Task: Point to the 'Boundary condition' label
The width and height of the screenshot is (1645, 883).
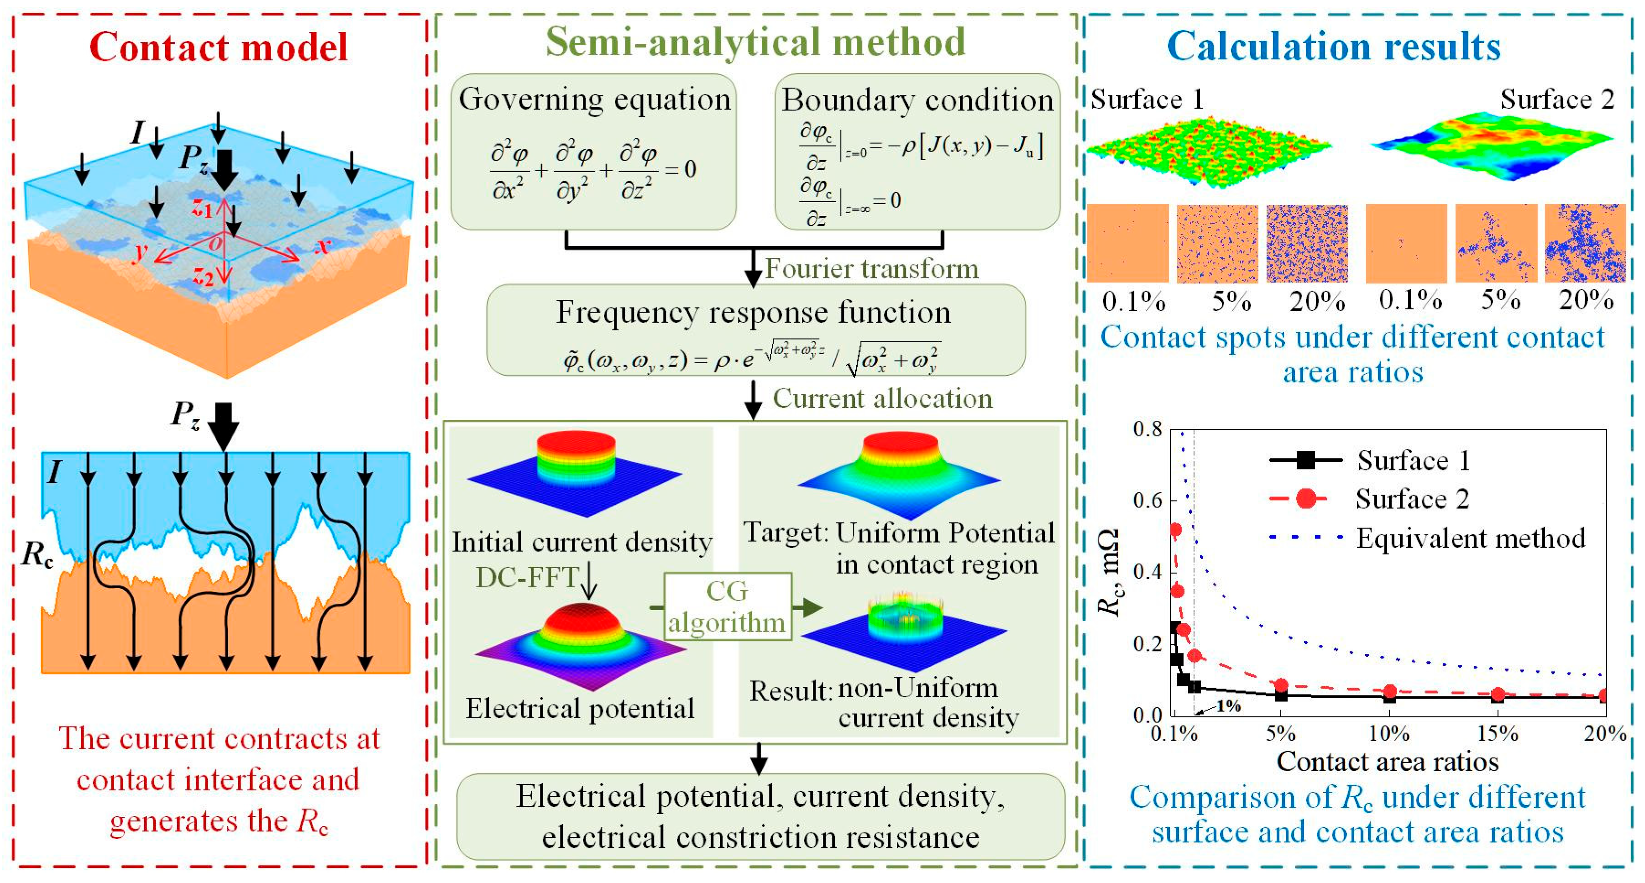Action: click(917, 100)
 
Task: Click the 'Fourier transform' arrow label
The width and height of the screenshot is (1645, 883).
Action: click(872, 268)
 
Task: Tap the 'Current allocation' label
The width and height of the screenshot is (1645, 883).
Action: click(883, 398)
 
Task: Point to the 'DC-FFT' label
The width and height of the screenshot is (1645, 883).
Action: click(527, 577)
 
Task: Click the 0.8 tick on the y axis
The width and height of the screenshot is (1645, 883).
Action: click(1147, 428)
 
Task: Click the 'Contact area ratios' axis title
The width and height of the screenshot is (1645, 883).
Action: click(1387, 762)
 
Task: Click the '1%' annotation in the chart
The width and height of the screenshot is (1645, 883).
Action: click(1227, 706)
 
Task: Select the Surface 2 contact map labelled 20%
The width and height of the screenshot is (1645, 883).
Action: click(1585, 243)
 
